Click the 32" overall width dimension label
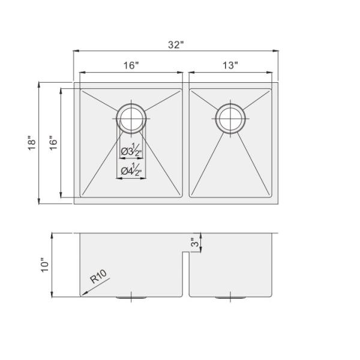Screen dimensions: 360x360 click(x=176, y=44)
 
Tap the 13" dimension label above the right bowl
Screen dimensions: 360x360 click(x=230, y=65)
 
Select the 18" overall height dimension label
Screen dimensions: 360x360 click(x=32, y=143)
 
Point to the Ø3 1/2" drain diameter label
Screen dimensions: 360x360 click(x=131, y=151)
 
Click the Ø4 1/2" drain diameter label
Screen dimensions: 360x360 click(x=131, y=170)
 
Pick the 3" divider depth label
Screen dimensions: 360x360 click(x=195, y=242)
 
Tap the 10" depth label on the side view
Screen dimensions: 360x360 click(x=45, y=265)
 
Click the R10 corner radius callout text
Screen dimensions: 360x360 click(x=98, y=276)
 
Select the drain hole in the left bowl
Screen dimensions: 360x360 click(x=131, y=118)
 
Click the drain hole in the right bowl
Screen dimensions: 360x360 click(x=230, y=118)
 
